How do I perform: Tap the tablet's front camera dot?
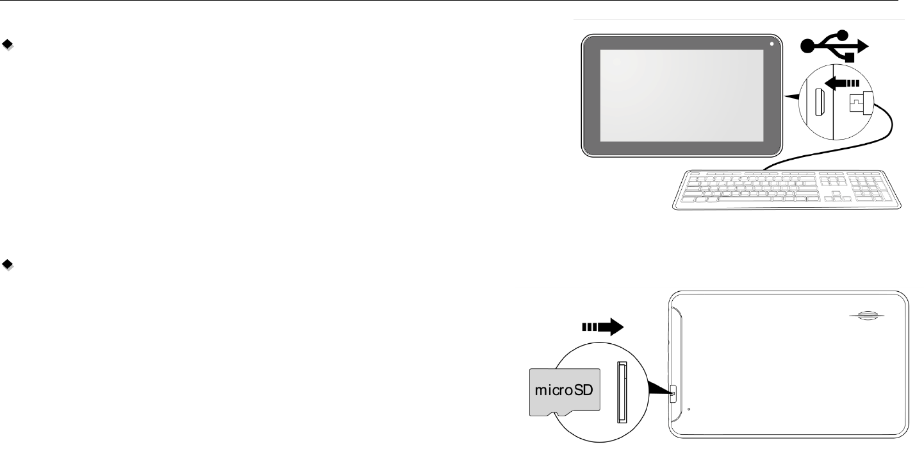click(x=772, y=44)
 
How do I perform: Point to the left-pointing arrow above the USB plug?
click(x=843, y=82)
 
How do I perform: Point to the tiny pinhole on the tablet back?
click(x=689, y=409)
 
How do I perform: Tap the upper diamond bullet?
click(x=7, y=45)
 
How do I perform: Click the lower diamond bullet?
click(x=7, y=264)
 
